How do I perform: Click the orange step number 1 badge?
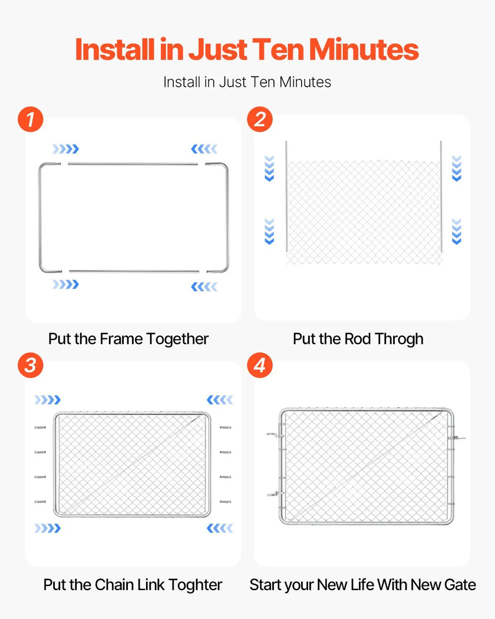point(31,119)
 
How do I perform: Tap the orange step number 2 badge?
point(260,119)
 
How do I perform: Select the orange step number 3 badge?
point(31,365)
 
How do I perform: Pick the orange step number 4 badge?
point(260,365)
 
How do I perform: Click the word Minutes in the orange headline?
point(364,50)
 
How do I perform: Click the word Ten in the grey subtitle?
point(263,82)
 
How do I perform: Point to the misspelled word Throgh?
point(399,339)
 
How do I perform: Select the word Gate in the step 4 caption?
point(460,585)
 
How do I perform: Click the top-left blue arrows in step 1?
point(66,149)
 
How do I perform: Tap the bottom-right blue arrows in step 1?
point(204,287)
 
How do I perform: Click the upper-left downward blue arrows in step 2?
point(269,169)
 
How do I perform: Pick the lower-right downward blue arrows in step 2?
point(456,231)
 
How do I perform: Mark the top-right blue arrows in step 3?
point(220,400)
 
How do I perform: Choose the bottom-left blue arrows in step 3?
point(48,528)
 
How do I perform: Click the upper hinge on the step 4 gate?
point(276,435)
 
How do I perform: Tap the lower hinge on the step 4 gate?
point(276,494)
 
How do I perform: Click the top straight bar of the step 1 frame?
point(133,164)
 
